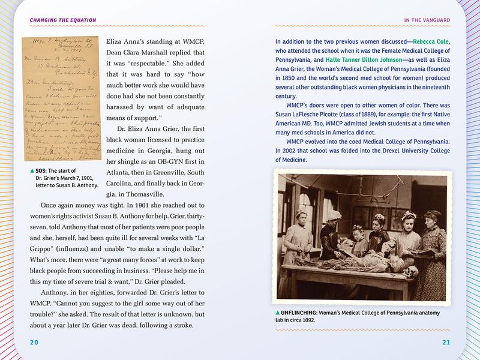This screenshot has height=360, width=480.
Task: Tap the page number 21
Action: (x=454, y=342)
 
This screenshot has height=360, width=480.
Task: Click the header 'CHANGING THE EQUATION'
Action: (x=55, y=20)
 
